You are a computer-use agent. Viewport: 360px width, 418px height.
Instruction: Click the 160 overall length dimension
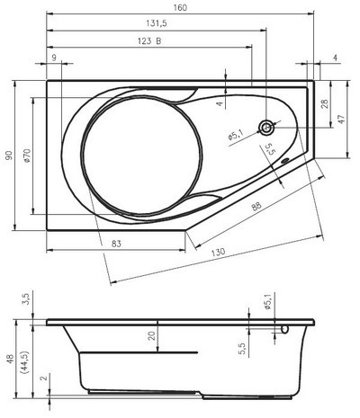(x=182, y=8)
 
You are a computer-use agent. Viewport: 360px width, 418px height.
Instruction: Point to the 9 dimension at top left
(x=55, y=58)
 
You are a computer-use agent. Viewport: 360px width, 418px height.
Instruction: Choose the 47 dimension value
(x=341, y=119)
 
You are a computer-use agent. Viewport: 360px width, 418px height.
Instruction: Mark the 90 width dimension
(x=9, y=156)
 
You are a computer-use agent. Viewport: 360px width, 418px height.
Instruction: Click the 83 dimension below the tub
(x=118, y=244)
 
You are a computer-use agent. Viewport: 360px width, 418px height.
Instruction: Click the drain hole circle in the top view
(x=266, y=128)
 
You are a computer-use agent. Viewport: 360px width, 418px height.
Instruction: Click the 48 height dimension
(x=9, y=358)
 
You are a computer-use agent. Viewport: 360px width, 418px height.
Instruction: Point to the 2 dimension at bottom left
(x=42, y=379)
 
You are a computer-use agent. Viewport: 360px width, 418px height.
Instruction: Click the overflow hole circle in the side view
(x=285, y=329)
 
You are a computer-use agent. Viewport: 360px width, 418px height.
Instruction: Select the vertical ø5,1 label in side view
(x=268, y=305)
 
